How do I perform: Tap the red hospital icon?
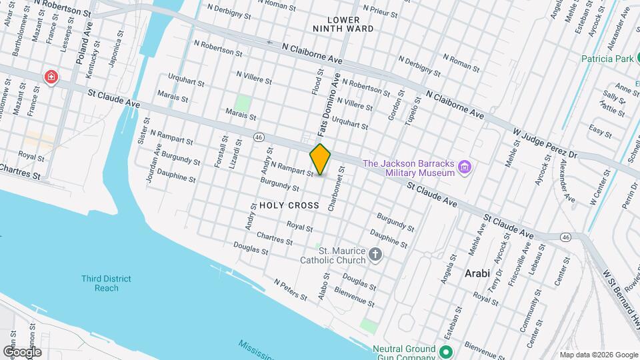pos(51,78)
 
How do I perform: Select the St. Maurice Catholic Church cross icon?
pos(375,254)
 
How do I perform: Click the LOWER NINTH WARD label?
pos(343,25)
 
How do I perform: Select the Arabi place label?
pos(477,273)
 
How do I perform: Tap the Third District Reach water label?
pos(107,283)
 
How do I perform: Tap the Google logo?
pos(23,351)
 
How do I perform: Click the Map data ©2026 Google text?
pos(597,355)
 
